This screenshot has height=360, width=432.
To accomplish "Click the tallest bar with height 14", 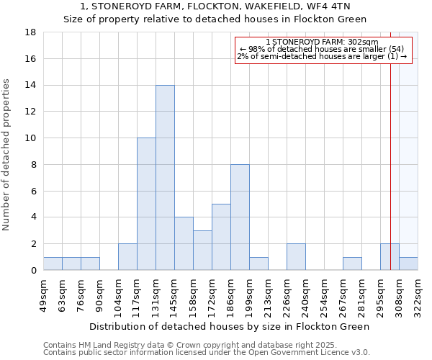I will pos(165,177).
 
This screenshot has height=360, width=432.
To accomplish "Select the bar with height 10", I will pos(146,204).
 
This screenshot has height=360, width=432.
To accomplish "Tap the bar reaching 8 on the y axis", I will pos(240,217).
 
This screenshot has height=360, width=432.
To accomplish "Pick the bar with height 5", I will pos(221,237).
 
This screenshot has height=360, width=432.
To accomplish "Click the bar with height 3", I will pos(202,250).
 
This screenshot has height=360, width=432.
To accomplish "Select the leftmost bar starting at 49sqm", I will pos(53,264).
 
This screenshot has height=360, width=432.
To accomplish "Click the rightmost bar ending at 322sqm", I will pos(408,264).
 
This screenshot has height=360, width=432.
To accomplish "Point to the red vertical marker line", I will pos(390,144).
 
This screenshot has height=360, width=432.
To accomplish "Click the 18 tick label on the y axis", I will pos(30,32).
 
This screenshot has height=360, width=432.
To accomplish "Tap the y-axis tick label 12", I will pos(30,112).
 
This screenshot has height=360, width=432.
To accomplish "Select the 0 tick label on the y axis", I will pos(33,271).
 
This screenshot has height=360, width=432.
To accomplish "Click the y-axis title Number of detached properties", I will pos(6,151).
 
